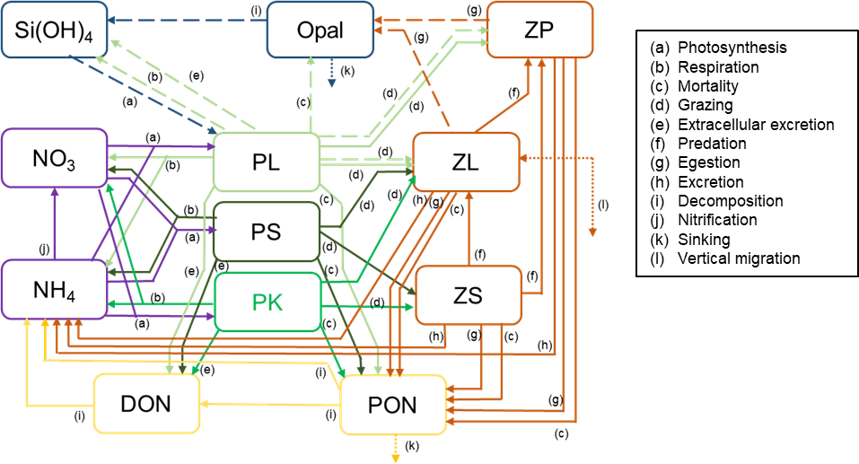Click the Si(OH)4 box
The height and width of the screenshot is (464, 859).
tap(55, 30)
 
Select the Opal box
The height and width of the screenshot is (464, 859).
tap(320, 30)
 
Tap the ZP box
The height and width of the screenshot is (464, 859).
tap(539, 30)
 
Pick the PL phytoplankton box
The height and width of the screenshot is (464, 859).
tap(266, 162)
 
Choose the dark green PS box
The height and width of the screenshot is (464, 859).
tap(266, 232)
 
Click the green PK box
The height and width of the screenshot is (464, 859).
tap(266, 302)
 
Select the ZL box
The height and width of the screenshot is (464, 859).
tap(466, 162)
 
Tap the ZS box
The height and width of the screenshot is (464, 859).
tap(466, 295)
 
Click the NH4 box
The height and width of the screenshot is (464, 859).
tap(55, 289)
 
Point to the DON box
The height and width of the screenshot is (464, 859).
tap(147, 404)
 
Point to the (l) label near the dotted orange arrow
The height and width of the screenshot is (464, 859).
tap(602, 206)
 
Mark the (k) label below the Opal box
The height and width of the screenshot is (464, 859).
tap(346, 69)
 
